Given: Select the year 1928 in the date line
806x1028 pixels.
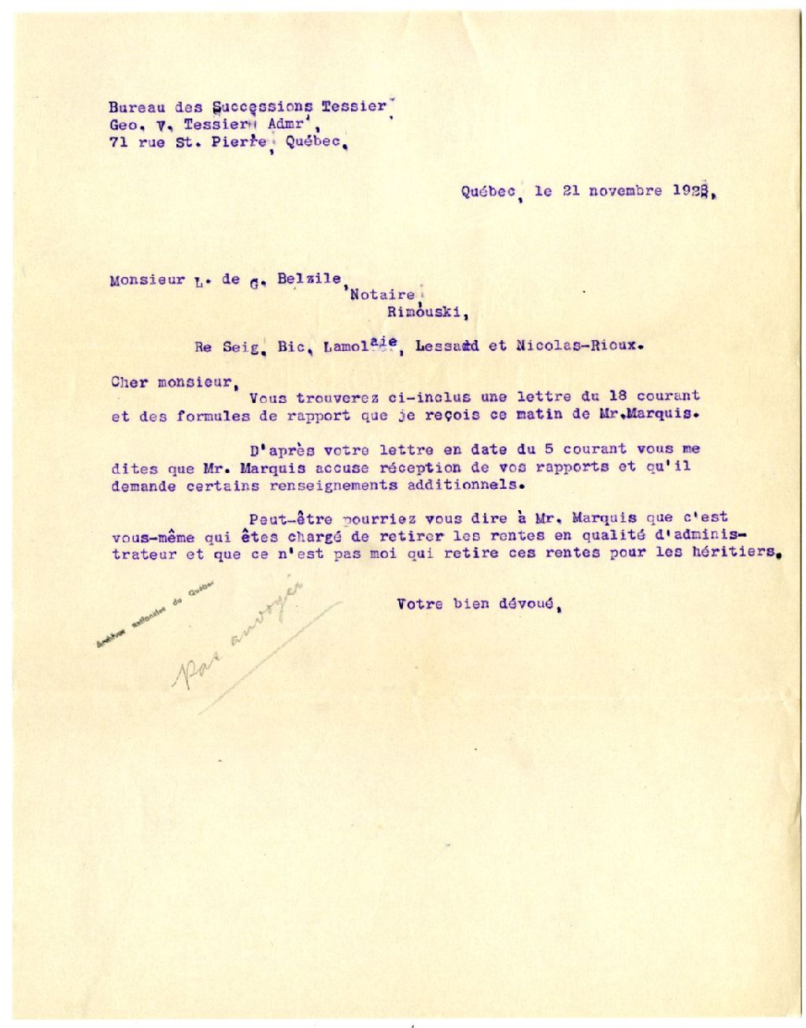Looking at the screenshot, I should pos(693,191).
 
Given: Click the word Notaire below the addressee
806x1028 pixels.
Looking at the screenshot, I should pos(382,295).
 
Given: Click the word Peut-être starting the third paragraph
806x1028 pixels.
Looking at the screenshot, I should pos(283,519).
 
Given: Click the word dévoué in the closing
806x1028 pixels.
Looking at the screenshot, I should pos(528,605).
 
